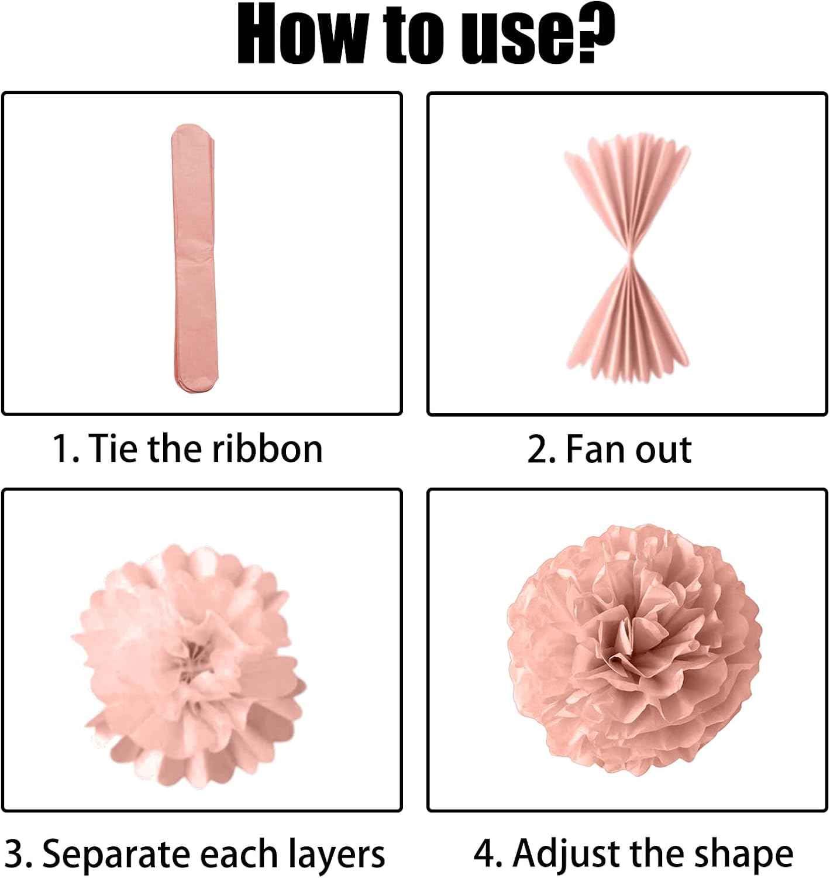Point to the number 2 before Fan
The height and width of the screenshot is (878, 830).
pyautogui.click(x=538, y=450)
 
